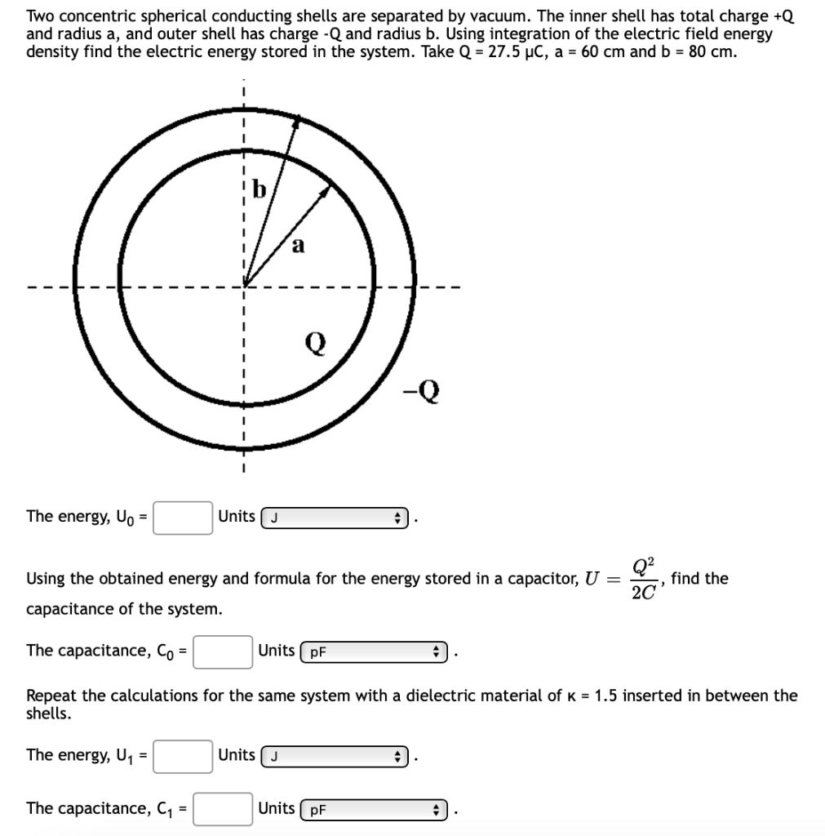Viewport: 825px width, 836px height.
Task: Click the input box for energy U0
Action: pyautogui.click(x=183, y=517)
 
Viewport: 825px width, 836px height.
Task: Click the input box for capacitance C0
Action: pyautogui.click(x=222, y=651)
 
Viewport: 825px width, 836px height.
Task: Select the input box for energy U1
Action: pyautogui.click(x=183, y=755)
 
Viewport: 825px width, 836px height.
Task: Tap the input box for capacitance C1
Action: pyautogui.click(x=222, y=809)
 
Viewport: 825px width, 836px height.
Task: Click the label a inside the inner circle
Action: pyautogui.click(x=299, y=247)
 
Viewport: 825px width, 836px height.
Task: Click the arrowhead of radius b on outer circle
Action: pyautogui.click(x=298, y=122)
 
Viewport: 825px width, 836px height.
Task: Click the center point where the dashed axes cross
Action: pyautogui.click(x=243, y=286)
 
